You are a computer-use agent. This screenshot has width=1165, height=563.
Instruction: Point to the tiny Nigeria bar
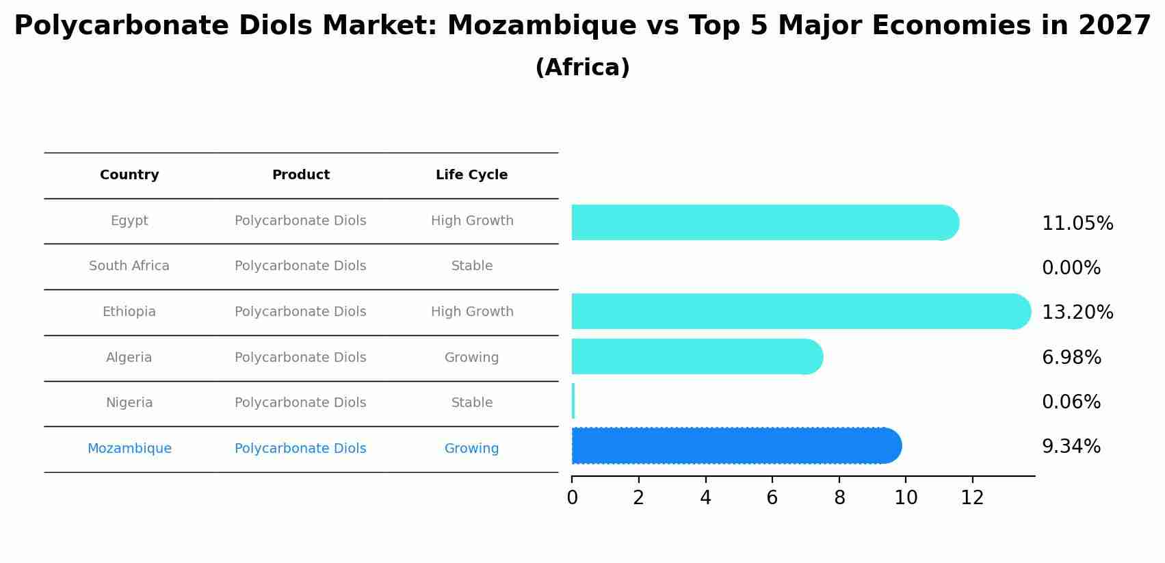(x=573, y=402)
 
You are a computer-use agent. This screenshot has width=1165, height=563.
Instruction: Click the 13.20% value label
(x=1077, y=313)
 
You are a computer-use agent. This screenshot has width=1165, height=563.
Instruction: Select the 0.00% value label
(x=1071, y=268)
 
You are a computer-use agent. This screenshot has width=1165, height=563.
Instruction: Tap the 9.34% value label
(x=1071, y=447)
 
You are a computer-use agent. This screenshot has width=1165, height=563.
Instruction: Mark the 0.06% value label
(x=1071, y=402)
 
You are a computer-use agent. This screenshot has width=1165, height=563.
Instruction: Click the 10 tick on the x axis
(x=906, y=498)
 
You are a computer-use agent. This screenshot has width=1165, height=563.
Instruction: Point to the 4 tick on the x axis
(x=705, y=498)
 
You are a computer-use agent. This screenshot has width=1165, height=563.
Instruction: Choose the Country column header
(x=129, y=175)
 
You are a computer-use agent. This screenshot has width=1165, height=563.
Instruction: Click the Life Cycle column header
(x=471, y=175)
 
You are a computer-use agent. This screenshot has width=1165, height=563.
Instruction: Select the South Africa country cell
(x=129, y=266)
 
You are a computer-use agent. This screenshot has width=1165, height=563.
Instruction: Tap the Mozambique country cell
(x=129, y=449)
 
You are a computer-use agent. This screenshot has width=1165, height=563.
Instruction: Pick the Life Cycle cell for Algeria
(x=471, y=358)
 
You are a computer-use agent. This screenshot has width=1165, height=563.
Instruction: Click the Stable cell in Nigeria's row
(x=471, y=403)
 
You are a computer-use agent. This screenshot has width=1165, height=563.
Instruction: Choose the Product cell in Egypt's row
(x=300, y=221)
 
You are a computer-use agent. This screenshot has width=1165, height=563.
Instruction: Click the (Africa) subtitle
(x=582, y=68)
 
